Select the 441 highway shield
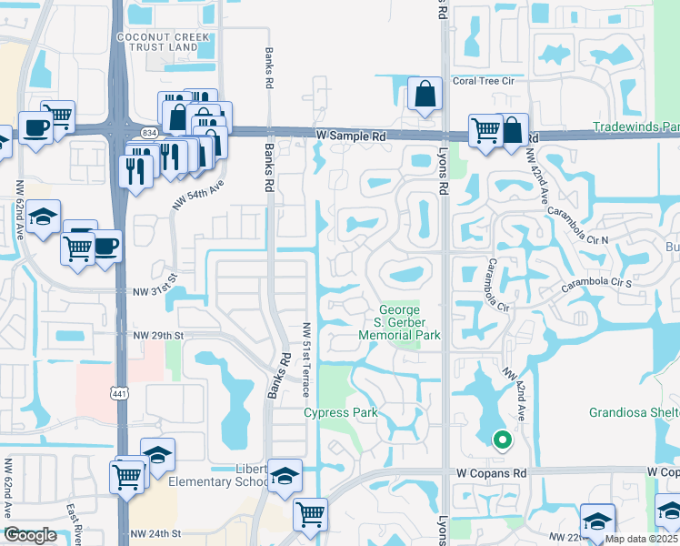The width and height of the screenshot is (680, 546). pos(119,393)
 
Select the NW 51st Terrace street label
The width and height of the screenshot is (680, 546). pos(306,359)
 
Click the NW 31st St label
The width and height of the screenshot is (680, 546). pos(155,291)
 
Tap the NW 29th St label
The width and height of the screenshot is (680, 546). pos(158,336)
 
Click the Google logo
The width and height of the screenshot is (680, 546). pos(30,535)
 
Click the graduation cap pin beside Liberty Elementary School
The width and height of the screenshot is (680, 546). pos(285,476)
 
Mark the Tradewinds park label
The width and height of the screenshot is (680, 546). pos(635,126)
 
